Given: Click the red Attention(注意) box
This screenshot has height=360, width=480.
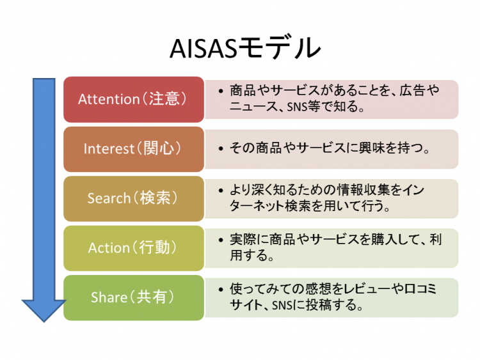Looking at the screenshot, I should point(133,99).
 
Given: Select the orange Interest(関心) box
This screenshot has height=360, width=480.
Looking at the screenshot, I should point(133,148).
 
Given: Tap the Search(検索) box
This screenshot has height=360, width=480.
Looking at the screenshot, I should point(133,198).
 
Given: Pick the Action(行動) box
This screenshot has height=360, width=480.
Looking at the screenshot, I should point(133,247).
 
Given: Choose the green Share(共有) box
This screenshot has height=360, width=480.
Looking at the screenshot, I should point(133,297).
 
